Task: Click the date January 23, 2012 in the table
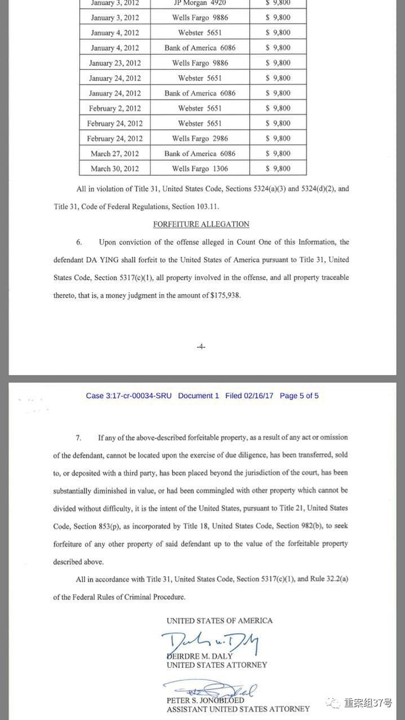(115, 63)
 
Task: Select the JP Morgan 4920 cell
(200, 3)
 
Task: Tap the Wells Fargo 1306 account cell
(200, 169)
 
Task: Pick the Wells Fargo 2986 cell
(200, 139)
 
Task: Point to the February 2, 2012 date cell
(115, 109)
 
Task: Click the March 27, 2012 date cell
(115, 154)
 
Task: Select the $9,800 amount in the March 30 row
(278, 169)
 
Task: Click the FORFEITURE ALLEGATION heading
(201, 224)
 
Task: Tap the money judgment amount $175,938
(223, 295)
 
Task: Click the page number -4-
(201, 347)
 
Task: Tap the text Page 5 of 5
(299, 396)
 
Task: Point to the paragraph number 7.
(79, 437)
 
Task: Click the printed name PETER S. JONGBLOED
(205, 701)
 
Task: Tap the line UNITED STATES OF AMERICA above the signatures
(219, 621)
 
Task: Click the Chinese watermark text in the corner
(367, 703)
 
